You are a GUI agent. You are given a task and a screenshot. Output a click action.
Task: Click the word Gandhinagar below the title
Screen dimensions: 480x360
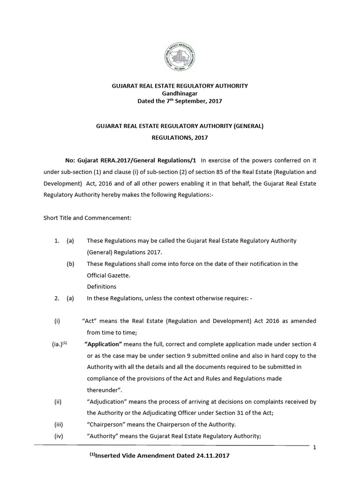(180, 93)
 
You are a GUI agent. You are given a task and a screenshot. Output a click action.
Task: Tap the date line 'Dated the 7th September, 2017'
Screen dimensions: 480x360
(180, 101)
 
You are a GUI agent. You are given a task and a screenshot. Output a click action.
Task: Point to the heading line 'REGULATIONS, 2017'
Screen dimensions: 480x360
(180, 138)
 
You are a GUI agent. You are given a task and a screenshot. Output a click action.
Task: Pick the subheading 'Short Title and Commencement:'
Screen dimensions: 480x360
(87, 218)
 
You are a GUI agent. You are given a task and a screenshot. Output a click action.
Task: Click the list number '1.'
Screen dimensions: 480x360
(56, 240)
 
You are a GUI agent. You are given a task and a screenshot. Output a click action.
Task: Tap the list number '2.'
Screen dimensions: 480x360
(56, 298)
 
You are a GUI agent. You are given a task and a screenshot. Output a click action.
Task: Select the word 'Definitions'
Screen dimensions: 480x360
(102, 286)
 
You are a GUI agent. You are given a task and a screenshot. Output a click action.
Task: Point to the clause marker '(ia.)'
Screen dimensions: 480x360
(58, 344)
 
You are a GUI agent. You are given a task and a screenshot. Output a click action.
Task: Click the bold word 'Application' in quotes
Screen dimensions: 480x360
(103, 344)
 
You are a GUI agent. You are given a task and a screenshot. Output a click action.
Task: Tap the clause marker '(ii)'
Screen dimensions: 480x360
(58, 402)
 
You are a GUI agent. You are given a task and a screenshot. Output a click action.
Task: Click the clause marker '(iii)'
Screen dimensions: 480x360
(58, 425)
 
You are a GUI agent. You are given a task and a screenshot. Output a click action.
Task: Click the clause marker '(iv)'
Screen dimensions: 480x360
(58, 436)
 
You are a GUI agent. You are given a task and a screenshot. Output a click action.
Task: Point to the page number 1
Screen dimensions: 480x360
(315, 448)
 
